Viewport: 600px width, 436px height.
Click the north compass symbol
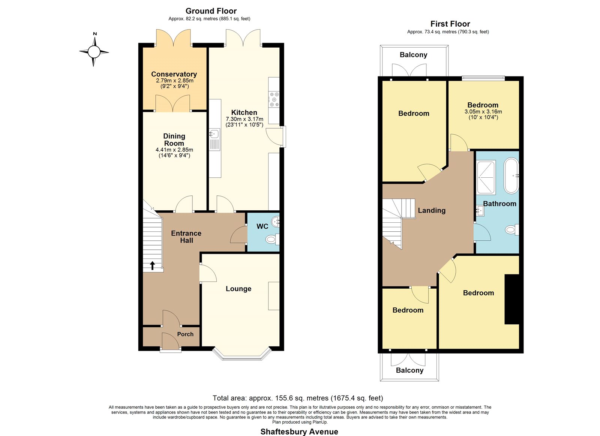pyautogui.click(x=94, y=51)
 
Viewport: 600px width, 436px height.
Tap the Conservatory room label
pyautogui.click(x=174, y=74)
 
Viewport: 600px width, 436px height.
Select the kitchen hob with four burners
pyautogui.click(x=274, y=99)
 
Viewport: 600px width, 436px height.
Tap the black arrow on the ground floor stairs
pyautogui.click(x=152, y=265)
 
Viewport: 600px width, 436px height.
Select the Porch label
pyautogui.click(x=185, y=334)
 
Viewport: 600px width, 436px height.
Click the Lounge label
pyautogui.click(x=238, y=289)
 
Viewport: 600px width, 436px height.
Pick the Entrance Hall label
pyautogui.click(x=186, y=237)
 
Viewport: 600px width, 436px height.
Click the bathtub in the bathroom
pyautogui.click(x=511, y=176)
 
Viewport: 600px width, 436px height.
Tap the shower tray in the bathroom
pyautogui.click(x=486, y=177)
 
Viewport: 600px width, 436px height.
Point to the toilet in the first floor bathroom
pyautogui.click(x=512, y=229)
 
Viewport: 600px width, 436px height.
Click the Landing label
pyautogui.click(x=432, y=210)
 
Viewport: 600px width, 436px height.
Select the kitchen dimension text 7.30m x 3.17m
pyautogui.click(x=244, y=119)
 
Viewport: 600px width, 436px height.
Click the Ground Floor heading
pyautogui.click(x=211, y=11)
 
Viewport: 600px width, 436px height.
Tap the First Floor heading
pyautogui.click(x=450, y=24)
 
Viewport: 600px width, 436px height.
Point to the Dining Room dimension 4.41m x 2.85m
pyautogui.click(x=174, y=150)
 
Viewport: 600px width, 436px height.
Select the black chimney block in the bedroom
pyautogui.click(x=512, y=299)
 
